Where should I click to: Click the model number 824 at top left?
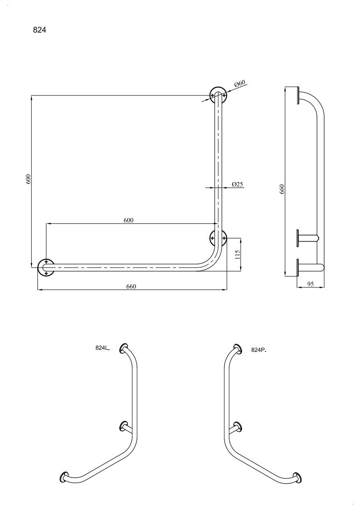(x=39, y=30)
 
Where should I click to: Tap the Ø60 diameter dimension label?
(x=240, y=83)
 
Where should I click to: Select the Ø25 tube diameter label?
(x=237, y=184)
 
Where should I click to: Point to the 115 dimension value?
(x=237, y=254)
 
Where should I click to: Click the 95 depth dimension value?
(x=311, y=284)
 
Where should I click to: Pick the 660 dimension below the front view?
(x=131, y=286)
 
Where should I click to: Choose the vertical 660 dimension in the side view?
(x=282, y=189)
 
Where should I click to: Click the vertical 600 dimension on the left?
(x=28, y=179)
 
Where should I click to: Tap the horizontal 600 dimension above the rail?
(x=128, y=220)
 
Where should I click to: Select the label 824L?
(x=103, y=348)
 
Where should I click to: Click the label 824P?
(x=259, y=350)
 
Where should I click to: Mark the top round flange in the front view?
(x=218, y=95)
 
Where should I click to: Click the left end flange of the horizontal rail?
(x=46, y=267)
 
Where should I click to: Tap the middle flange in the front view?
(x=218, y=238)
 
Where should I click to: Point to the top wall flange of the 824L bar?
(x=124, y=348)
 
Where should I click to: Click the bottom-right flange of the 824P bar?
(x=296, y=477)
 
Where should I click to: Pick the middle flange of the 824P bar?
(x=237, y=426)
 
